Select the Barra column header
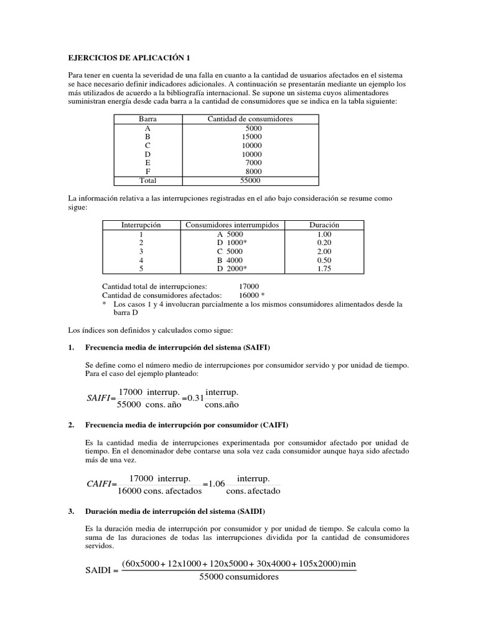(x=148, y=119)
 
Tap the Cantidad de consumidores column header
(x=250, y=119)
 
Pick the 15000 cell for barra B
(x=251, y=136)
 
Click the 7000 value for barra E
(x=254, y=162)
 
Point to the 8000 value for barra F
(x=254, y=172)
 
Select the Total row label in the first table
(x=148, y=180)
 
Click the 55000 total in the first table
(x=250, y=180)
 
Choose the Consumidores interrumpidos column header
(x=233, y=225)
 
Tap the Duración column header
(x=324, y=225)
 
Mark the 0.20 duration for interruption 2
(x=324, y=242)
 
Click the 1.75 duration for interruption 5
(x=324, y=269)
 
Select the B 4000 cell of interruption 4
(x=230, y=260)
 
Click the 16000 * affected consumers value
(x=252, y=295)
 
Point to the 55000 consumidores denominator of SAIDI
(x=239, y=577)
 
